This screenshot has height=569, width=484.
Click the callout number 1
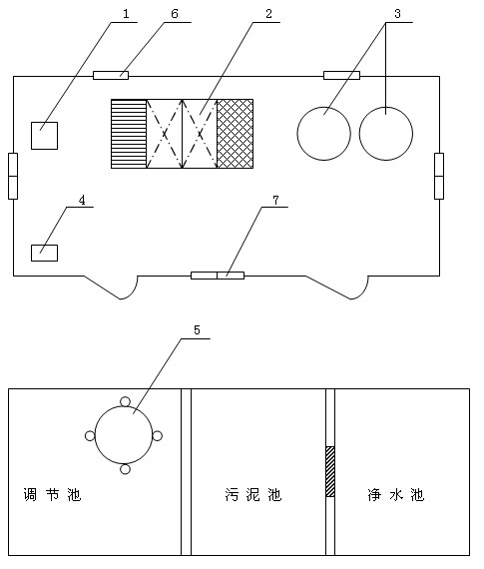tap(126, 14)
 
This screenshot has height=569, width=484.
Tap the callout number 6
tap(175, 14)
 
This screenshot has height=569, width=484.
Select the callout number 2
tap(268, 14)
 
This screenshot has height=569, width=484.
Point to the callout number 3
tap(397, 14)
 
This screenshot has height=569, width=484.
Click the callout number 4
tap(82, 200)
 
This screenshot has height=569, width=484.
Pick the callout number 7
tap(275, 200)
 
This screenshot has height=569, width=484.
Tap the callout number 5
tap(197, 330)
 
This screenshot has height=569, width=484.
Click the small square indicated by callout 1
tap(44, 136)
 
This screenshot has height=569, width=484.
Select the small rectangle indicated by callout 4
tap(44, 253)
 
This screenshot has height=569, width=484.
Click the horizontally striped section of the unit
tap(129, 134)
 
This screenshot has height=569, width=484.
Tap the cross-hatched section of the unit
tap(236, 134)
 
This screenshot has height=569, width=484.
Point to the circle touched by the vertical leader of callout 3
tap(385, 133)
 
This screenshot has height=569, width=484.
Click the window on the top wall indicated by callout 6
tap(111, 76)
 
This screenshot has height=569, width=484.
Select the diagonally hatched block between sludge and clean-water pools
tap(330, 471)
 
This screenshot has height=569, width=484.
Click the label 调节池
tap(52, 494)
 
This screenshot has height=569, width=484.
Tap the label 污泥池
tap(252, 494)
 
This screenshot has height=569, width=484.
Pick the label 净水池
tap(395, 494)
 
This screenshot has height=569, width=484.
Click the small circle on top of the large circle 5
tap(125, 401)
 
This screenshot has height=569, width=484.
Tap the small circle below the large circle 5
tap(125, 469)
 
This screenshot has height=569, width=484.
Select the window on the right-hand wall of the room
tap(439, 176)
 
